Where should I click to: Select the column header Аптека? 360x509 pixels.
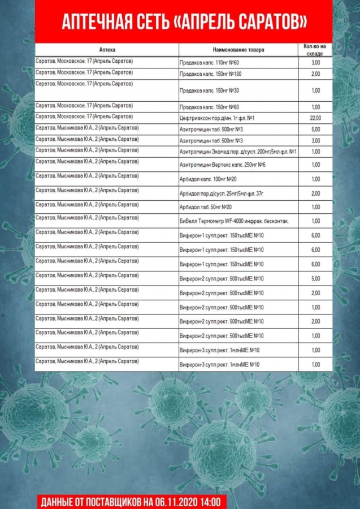(x=107, y=50)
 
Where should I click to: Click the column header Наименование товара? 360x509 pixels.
(x=238, y=50)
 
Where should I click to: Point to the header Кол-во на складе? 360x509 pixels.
(x=315, y=49)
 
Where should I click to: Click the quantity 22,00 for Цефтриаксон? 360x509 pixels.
(x=315, y=118)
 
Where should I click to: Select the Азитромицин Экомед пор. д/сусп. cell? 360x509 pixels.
(x=238, y=152)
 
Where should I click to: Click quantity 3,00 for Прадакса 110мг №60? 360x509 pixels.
(x=315, y=62)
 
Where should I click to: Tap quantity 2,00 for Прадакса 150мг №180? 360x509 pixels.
(x=315, y=74)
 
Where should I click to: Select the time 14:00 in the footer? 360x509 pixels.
(x=215, y=501)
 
